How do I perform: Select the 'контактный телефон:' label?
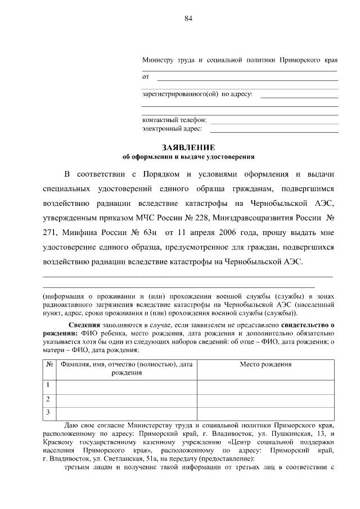174,120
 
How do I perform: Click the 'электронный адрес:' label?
172,129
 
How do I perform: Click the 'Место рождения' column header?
265,364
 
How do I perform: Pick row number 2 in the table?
49,399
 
